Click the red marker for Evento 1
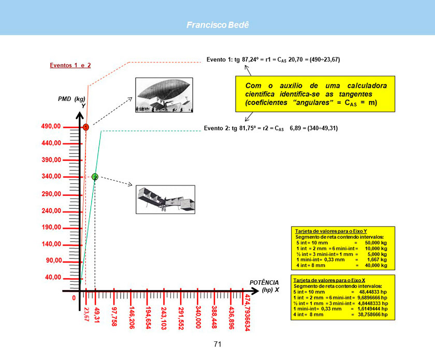point(86,127)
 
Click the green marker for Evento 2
point(95,177)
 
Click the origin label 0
point(74,298)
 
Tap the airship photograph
point(163,95)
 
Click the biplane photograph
point(165,199)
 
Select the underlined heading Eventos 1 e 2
point(70,65)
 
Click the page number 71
point(218,344)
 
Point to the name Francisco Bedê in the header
point(218,25)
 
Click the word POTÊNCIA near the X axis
point(264,283)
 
